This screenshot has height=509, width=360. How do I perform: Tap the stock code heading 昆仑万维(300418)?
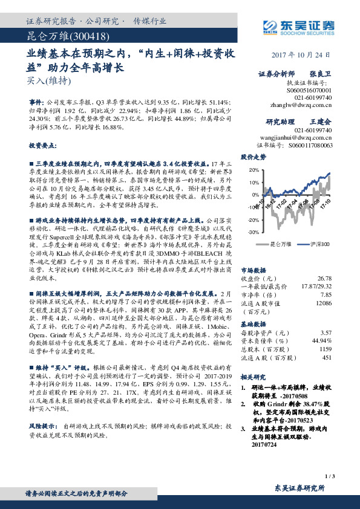(x=61, y=36)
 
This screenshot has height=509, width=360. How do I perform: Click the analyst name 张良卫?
(x=319, y=73)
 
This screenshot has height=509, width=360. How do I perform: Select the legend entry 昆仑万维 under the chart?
(x=281, y=243)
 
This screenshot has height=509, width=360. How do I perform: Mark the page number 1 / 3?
(x=329, y=477)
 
